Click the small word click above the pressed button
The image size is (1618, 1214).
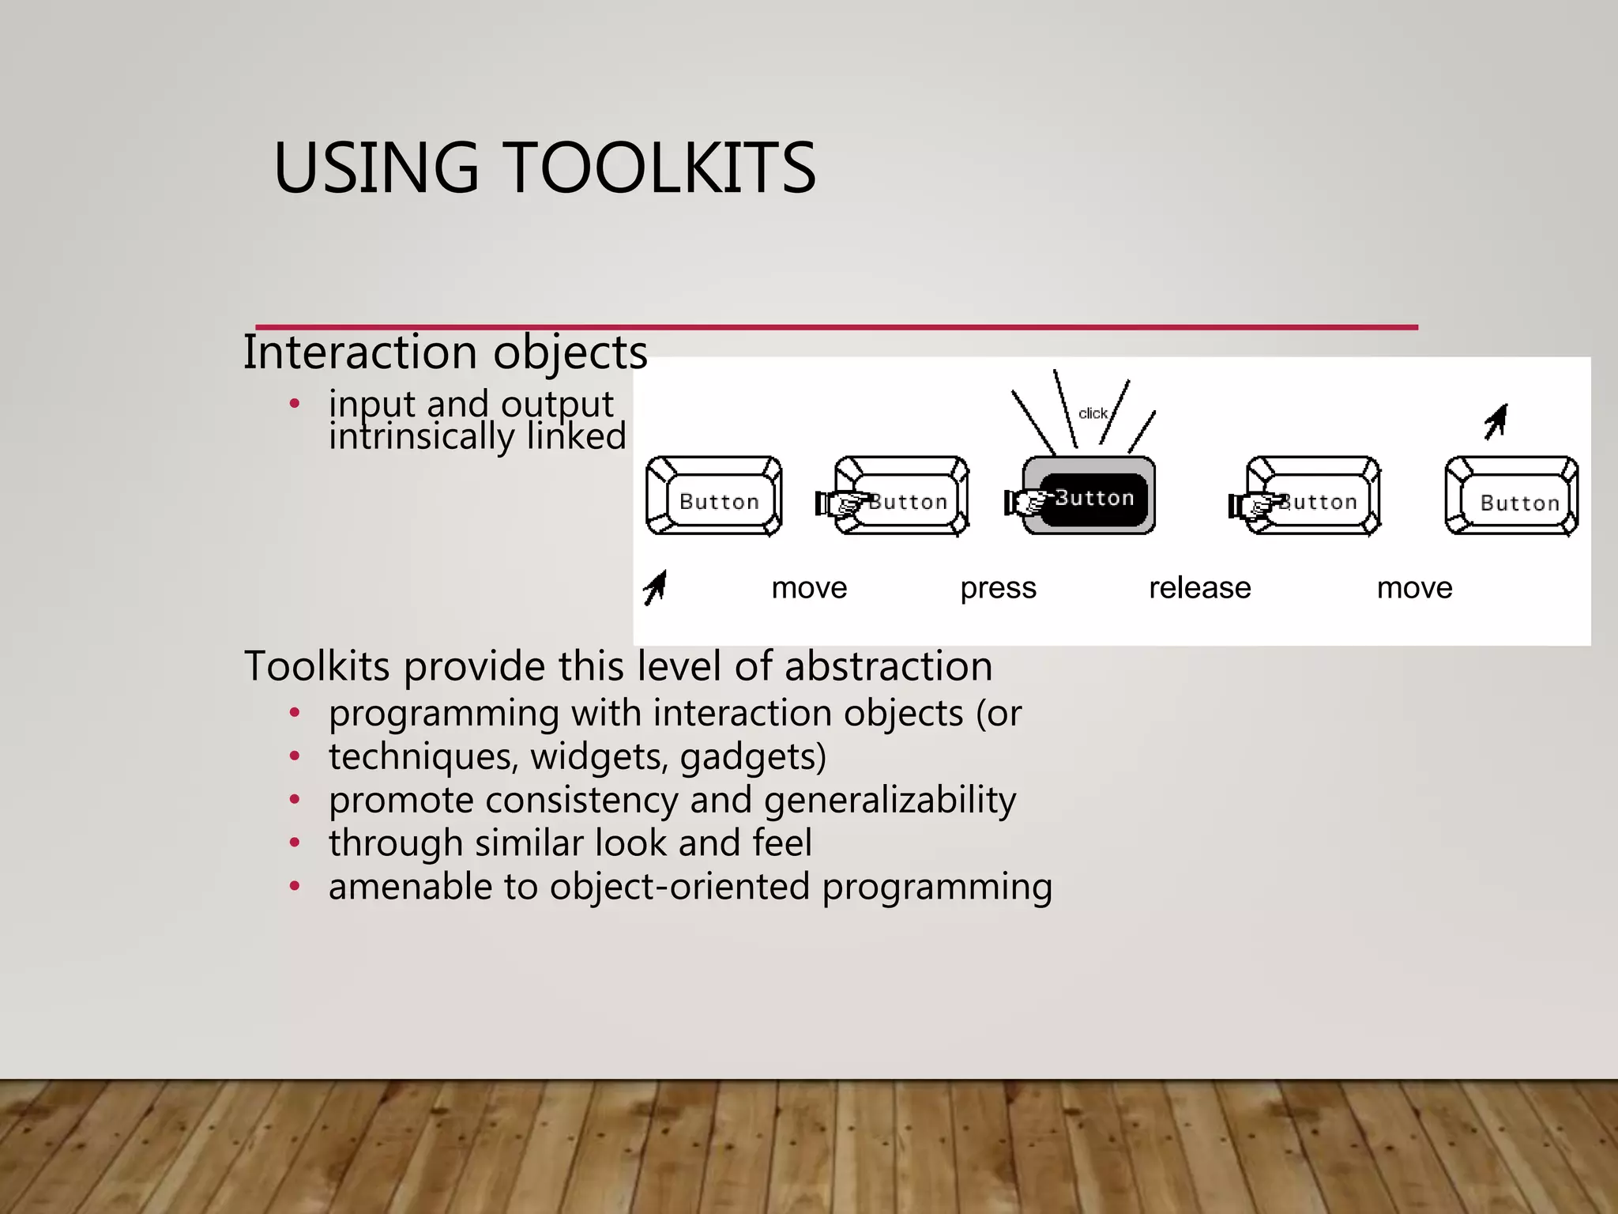point(1093,413)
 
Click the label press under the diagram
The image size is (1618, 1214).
point(998,588)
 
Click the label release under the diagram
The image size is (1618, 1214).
point(1199,588)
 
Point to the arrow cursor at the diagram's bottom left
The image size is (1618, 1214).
point(655,588)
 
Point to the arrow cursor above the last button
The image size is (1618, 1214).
point(1496,421)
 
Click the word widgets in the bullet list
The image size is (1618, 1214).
point(598,756)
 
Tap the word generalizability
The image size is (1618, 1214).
point(890,800)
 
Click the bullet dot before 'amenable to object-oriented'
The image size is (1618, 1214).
point(295,886)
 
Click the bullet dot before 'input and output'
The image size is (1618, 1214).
point(295,404)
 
